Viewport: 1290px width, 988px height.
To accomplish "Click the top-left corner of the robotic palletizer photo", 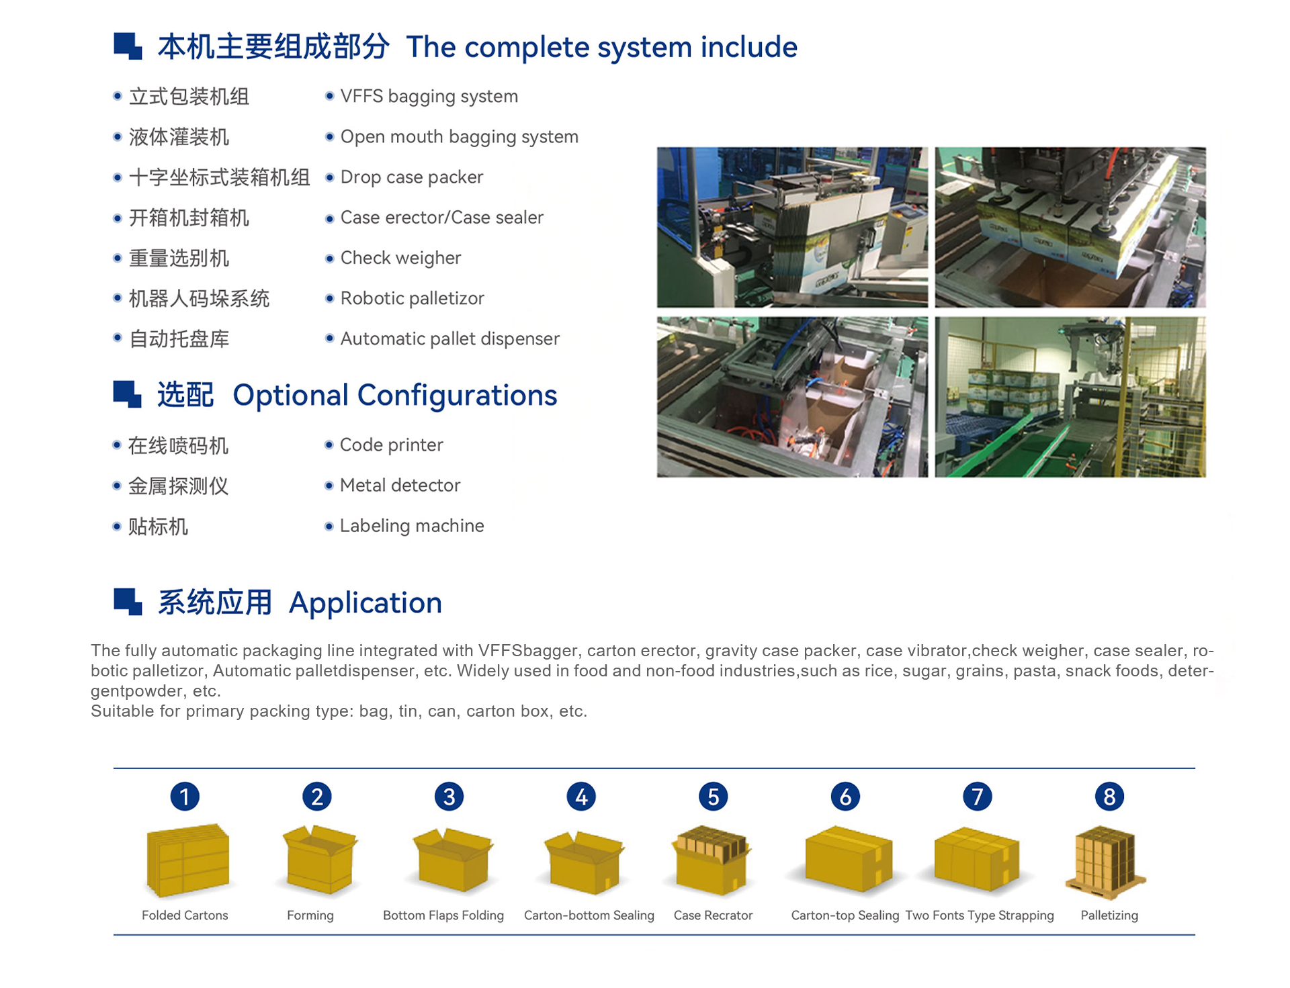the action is tap(935, 317).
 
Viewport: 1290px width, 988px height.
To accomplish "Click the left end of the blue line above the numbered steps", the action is tap(114, 768).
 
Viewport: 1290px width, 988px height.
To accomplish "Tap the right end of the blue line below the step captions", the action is tap(1195, 934).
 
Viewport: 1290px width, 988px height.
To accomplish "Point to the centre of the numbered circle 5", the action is tap(713, 797).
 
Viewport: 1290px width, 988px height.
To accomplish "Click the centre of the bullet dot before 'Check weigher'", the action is tap(329, 258).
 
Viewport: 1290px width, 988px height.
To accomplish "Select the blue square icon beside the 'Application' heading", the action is tap(128, 602).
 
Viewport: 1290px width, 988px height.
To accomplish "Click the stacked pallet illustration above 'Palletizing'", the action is tap(1106, 862).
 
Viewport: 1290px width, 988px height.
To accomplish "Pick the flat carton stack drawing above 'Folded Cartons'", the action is tap(187, 860).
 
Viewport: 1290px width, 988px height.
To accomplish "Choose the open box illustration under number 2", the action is tap(320, 860).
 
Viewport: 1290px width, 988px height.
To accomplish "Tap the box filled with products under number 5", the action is tap(712, 860).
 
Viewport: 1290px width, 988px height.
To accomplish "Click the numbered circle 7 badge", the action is tap(977, 797).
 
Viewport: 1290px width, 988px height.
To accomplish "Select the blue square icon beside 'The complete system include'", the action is tap(128, 46).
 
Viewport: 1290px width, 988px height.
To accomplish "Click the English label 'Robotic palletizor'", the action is tap(412, 298).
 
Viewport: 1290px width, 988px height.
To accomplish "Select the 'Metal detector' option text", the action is tap(400, 485).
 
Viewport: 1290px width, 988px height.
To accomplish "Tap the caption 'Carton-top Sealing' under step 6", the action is tap(845, 915).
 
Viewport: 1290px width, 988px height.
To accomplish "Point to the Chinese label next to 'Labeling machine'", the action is tap(158, 527).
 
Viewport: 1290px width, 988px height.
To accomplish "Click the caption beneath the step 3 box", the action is tap(443, 915).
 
